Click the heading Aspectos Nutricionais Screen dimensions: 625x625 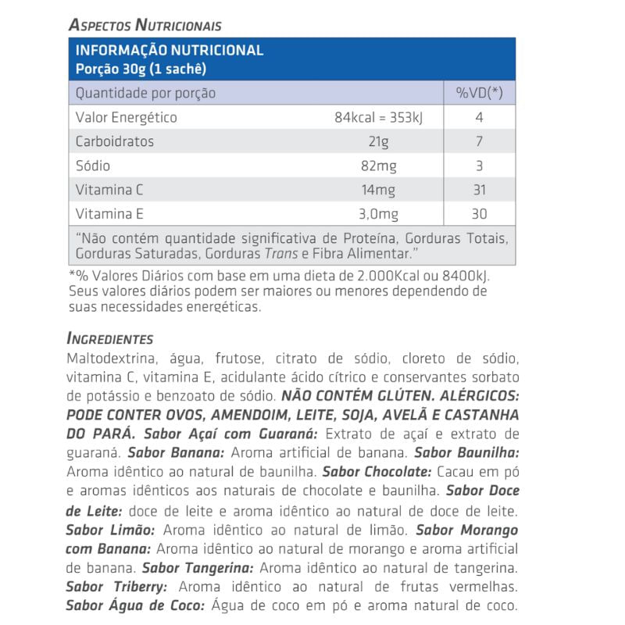pos(145,25)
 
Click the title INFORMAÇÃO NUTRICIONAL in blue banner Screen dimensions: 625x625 pos(169,51)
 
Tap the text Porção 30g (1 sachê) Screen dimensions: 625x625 pos(141,68)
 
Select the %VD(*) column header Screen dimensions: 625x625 pos(479,93)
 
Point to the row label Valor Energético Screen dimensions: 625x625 pos(126,117)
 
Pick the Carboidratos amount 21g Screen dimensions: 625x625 pos(379,141)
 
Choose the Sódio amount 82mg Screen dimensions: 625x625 pos(379,166)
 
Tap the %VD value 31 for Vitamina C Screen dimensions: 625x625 pos(479,190)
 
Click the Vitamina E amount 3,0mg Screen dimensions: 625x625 pos(379,214)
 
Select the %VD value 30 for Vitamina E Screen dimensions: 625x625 pos(479,214)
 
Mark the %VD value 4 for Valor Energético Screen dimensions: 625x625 pos(479,117)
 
